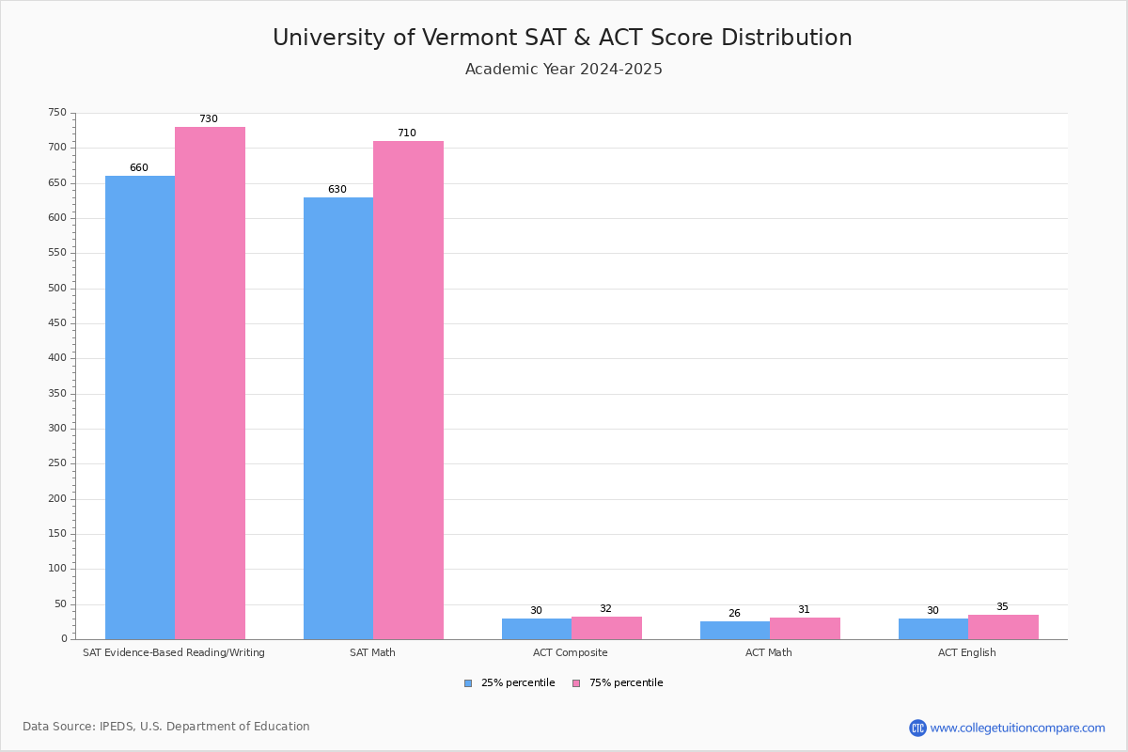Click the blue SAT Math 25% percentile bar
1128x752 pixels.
[x=338, y=418]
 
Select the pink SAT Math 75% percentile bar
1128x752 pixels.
[x=408, y=390]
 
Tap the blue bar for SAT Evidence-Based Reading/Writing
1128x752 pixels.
[x=140, y=407]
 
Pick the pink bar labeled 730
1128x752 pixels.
[x=210, y=383]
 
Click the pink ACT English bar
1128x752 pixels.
[x=1003, y=627]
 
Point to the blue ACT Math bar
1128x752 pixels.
[x=735, y=630]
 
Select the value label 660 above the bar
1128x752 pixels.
[x=139, y=168]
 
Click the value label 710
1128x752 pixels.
[x=406, y=133]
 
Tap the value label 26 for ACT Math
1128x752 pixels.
[x=734, y=614]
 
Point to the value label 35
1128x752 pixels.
[x=1002, y=607]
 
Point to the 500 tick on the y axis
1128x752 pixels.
[x=57, y=289]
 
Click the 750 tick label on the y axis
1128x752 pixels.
[x=57, y=113]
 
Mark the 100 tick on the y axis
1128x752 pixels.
[x=57, y=569]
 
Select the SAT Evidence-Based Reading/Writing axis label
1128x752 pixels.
[x=174, y=652]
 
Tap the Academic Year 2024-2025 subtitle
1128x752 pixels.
[x=564, y=70]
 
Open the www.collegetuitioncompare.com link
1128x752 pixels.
[x=1017, y=728]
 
